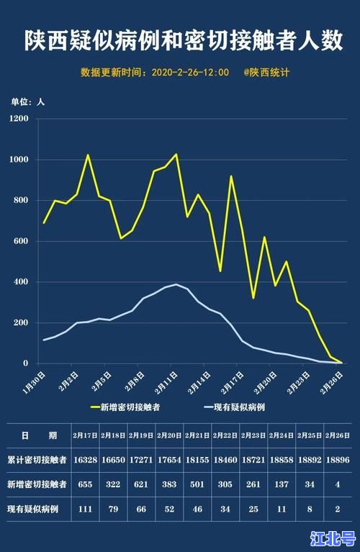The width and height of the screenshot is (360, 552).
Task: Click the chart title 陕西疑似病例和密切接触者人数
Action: tap(180, 40)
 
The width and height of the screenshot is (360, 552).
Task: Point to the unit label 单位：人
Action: tap(27, 101)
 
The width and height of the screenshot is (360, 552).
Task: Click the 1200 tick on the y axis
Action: tap(19, 118)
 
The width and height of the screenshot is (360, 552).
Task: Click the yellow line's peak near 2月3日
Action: tap(88, 155)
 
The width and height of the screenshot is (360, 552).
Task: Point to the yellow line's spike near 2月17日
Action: tap(231, 176)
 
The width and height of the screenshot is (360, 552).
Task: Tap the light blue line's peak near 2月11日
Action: tap(176, 284)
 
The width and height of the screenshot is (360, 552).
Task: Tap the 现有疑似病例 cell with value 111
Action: tap(85, 510)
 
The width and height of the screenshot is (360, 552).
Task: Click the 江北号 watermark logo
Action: tap(333, 538)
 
